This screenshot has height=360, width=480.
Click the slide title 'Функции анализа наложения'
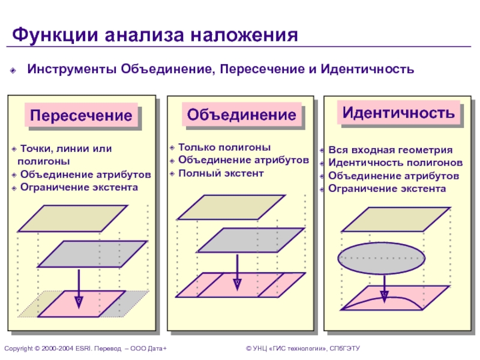point(155,34)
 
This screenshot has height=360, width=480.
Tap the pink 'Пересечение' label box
point(81,115)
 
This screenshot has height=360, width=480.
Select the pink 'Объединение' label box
point(241,115)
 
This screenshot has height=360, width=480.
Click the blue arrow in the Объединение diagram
point(237,270)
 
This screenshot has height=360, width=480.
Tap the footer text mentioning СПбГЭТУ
point(302,349)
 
